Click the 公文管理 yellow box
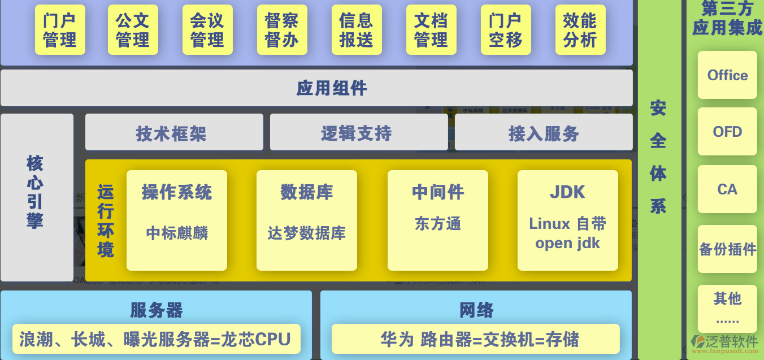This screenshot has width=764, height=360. [133, 30]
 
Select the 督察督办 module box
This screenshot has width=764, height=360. [282, 30]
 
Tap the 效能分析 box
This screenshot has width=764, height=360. [580, 30]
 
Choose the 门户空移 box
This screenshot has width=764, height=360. [506, 30]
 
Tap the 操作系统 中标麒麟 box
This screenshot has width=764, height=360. [177, 220]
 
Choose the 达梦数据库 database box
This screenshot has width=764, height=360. [307, 220]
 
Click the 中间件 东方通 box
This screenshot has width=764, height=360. [438, 220]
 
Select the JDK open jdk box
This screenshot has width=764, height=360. [568, 220]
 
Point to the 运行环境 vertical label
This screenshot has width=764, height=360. [105, 220]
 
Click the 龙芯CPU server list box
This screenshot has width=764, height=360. [156, 339]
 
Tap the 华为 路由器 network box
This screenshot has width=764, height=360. [475, 339]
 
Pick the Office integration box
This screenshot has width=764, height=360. [727, 75]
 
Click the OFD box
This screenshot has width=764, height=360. [727, 132]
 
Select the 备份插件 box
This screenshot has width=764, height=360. [727, 249]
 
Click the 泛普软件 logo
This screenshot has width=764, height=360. [724, 344]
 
